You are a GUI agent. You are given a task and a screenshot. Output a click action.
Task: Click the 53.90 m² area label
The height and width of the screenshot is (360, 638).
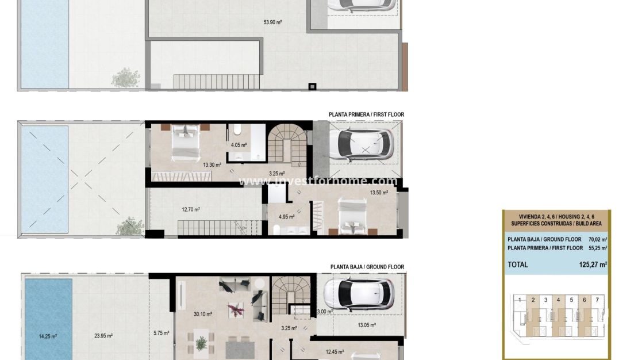coord(272,22)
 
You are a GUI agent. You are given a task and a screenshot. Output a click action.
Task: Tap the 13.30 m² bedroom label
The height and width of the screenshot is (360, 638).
coord(212,164)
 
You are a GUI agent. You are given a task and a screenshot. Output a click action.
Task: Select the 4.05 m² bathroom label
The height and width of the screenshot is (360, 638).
coord(239,145)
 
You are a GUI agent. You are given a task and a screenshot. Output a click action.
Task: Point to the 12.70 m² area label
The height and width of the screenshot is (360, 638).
coord(191,209)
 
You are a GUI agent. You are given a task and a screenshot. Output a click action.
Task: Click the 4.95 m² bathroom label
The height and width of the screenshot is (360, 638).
coord(286,217)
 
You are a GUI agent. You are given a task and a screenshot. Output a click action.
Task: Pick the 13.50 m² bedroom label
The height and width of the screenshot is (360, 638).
coord(379,193)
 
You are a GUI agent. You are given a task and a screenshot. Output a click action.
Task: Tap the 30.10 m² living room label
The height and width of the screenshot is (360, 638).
coord(203,314)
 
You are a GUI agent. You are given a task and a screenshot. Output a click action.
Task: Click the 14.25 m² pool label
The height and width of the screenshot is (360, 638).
coord(47,336)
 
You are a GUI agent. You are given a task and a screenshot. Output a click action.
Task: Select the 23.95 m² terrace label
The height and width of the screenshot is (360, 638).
coord(103,336)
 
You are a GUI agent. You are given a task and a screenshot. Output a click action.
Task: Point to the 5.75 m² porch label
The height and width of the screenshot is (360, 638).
coord(162,332)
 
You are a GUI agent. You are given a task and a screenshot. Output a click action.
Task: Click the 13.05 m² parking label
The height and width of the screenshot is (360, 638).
coord(367,325)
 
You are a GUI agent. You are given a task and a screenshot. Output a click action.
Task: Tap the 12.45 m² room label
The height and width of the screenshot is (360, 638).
coord(335,351)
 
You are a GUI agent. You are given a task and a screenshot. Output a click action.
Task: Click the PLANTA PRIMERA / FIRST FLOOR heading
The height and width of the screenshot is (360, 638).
coord(366,114)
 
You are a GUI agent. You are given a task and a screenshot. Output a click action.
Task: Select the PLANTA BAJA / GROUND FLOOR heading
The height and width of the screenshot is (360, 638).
coord(367,267)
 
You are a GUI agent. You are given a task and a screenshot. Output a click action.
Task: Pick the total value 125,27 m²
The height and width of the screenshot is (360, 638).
coord(593,265)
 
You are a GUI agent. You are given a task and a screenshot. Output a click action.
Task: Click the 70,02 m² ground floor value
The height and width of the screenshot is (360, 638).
coord(597,239)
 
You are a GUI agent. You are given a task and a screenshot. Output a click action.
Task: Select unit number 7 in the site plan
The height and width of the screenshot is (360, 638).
coord(597,300)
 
